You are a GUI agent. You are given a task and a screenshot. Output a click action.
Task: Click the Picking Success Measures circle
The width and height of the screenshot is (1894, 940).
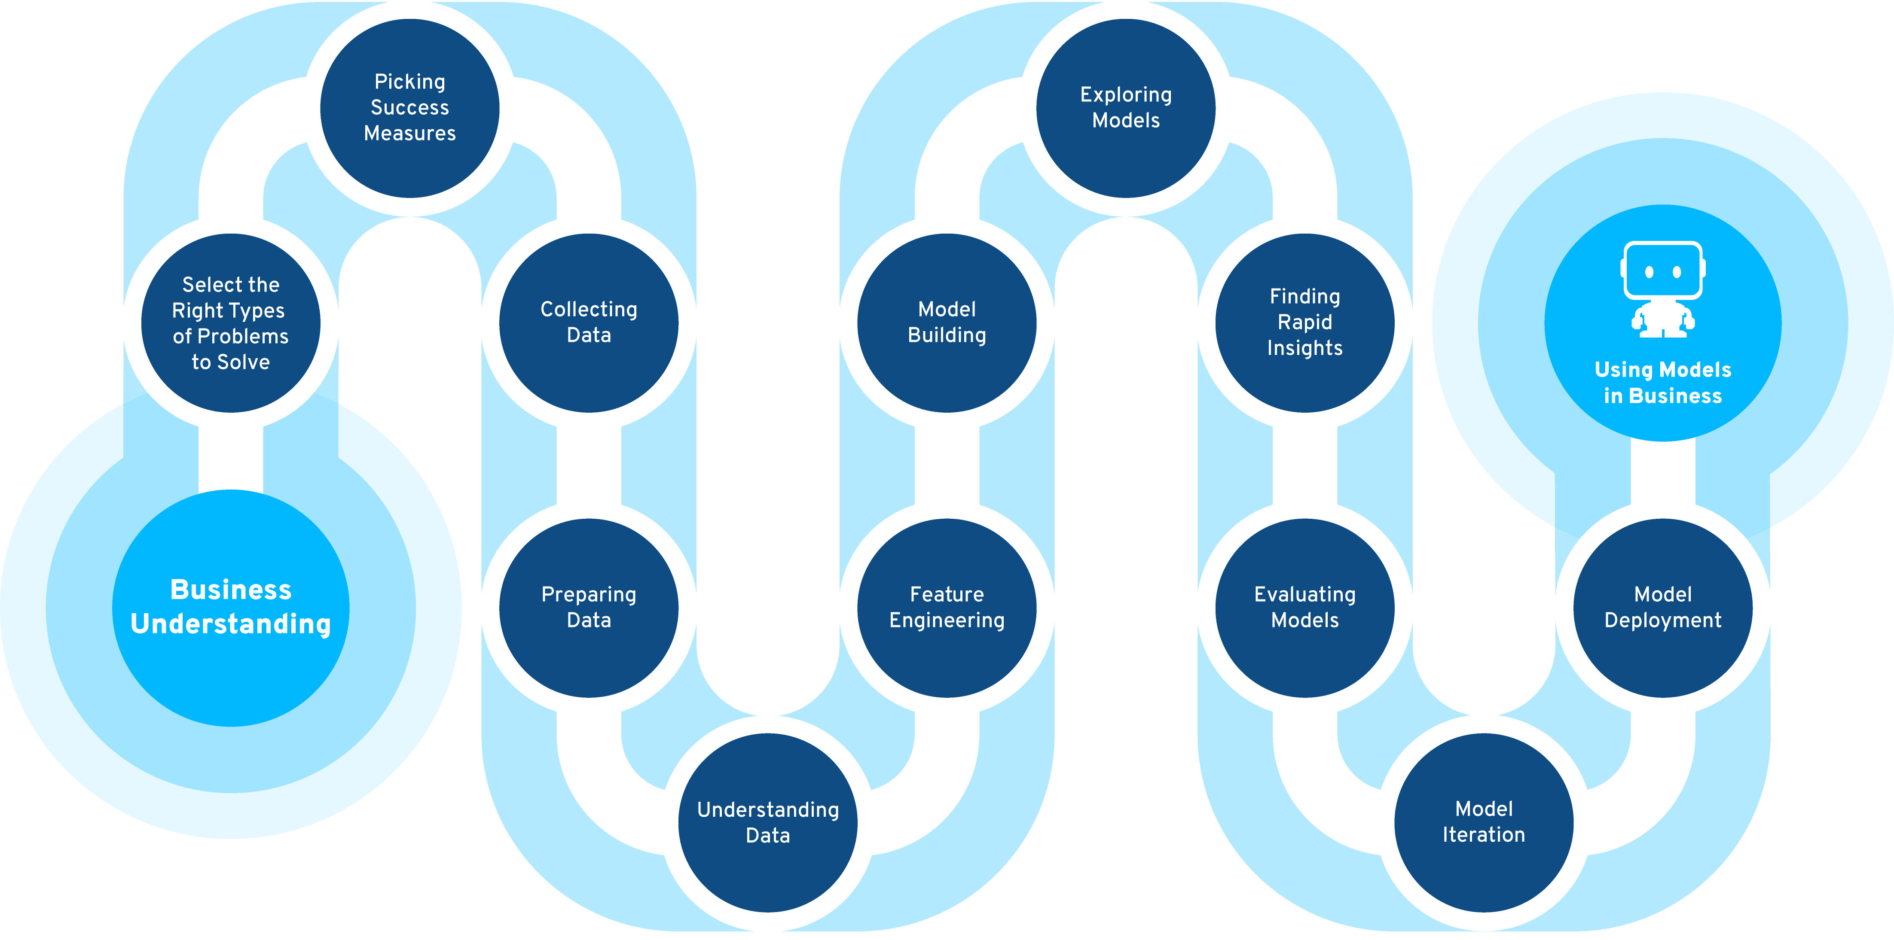pos(409,108)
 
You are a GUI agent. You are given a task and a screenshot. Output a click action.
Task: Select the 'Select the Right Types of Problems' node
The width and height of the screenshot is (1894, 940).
pos(231,323)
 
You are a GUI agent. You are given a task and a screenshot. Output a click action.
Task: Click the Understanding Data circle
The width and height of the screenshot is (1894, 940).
pos(767,822)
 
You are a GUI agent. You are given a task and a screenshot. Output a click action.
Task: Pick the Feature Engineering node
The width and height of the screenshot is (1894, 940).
pos(947,608)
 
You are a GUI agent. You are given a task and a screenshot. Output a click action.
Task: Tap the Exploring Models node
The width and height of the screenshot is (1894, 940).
pos(1126,108)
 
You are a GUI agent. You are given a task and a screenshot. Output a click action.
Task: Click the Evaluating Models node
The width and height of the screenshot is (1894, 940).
pos(1305,608)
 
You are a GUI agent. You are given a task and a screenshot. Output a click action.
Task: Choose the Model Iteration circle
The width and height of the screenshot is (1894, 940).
pos(1484,822)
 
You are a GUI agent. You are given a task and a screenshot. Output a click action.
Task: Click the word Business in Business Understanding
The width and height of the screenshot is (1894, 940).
pos(231,590)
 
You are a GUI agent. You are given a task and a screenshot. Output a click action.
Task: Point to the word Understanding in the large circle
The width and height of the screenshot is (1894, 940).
pos(231,624)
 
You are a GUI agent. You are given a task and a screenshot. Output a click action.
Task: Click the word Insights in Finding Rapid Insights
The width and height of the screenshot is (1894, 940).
pos(1305,348)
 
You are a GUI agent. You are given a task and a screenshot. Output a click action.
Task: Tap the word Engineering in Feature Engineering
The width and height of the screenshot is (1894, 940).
pos(947,621)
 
